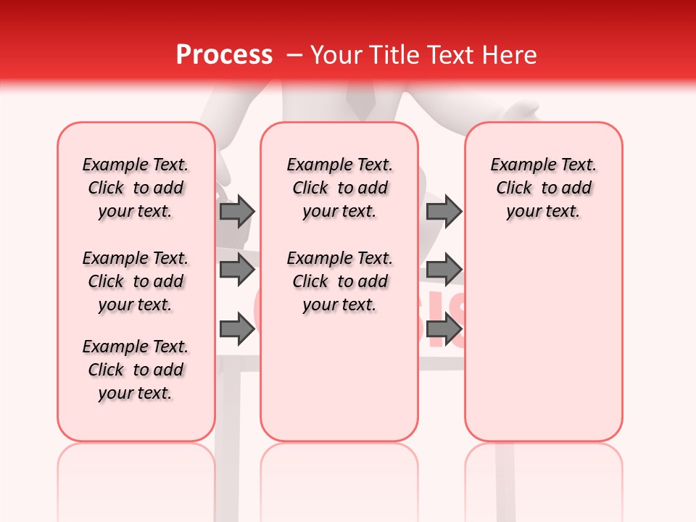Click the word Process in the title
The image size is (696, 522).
pos(224,55)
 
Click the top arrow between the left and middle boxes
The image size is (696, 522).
pos(236,212)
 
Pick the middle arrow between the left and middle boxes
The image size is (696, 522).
pos(236,270)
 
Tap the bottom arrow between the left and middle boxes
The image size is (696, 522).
pos(236,330)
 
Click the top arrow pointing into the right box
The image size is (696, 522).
pos(444,212)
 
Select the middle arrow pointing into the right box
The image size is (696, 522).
pos(444,270)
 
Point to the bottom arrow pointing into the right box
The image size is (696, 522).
pos(444,330)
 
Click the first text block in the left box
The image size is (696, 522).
pos(136,188)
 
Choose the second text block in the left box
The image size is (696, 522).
pos(136,281)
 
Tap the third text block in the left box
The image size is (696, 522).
pos(136,370)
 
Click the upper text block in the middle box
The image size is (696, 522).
pos(339,188)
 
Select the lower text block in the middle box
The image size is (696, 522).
pos(339,281)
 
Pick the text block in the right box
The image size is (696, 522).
pos(543,188)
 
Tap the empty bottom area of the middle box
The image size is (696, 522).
pos(339,384)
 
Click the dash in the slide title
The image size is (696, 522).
pos(294,55)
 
